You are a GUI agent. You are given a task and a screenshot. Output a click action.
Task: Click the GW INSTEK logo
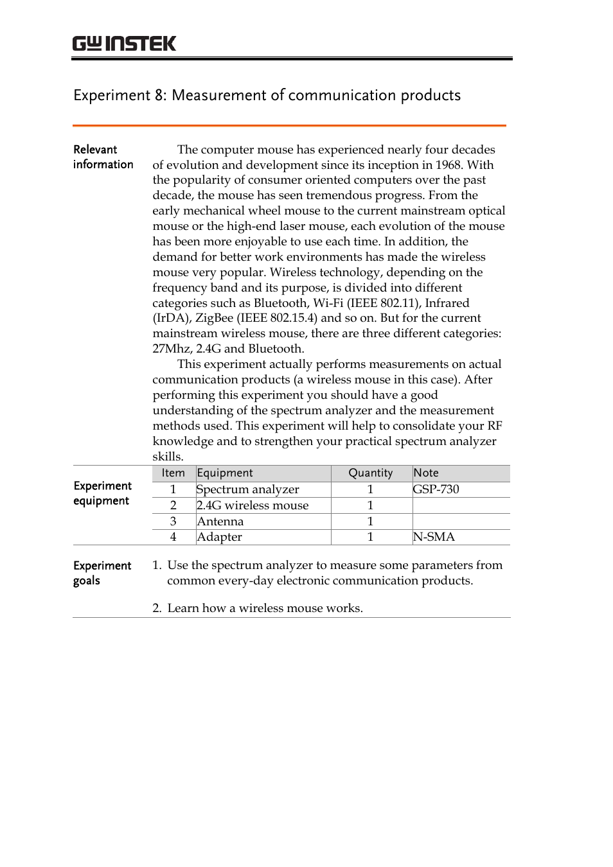(124, 44)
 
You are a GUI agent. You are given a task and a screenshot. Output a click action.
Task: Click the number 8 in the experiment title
(159, 96)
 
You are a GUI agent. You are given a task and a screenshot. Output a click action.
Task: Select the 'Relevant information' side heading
(103, 157)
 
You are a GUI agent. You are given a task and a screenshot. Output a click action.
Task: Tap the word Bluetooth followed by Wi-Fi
(281, 303)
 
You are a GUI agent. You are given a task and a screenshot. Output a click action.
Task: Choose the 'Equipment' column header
(225, 473)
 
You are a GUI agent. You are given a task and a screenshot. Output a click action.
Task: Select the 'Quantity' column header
(370, 473)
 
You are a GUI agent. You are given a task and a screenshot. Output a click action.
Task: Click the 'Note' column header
(426, 473)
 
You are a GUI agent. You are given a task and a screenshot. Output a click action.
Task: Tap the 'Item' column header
(173, 473)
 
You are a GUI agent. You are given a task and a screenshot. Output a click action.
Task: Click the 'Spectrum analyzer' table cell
(248, 489)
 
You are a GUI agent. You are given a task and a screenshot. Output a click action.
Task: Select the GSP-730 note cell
(436, 489)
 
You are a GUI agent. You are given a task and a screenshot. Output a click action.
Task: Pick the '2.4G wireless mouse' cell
(253, 505)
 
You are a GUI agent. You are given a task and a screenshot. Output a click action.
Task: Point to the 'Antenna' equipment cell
(220, 521)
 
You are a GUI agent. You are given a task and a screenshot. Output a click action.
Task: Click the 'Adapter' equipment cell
(220, 537)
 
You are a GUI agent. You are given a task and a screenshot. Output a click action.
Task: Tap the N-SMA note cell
(434, 537)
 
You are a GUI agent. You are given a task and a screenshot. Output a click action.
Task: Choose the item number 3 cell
(173, 521)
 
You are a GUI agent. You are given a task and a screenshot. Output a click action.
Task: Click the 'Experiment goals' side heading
(102, 573)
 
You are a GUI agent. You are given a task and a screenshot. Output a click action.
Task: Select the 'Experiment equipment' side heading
(102, 493)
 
